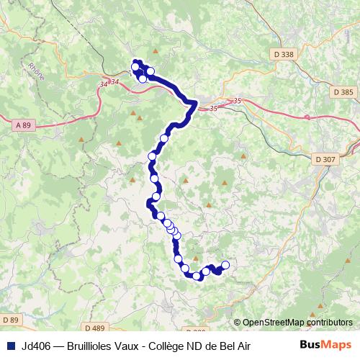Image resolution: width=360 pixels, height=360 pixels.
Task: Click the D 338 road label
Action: [284, 53]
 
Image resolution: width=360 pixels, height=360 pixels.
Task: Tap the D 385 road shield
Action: [343, 92]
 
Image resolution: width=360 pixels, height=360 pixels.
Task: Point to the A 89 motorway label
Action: [23, 125]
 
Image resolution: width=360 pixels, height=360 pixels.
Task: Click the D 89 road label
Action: [10, 319]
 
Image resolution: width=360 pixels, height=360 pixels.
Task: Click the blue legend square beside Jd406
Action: [10, 346]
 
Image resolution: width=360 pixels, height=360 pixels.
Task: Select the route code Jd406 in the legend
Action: [37, 346]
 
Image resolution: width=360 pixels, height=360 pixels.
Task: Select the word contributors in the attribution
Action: [330, 323]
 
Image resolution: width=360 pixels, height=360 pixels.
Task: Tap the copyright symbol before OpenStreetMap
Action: [237, 323]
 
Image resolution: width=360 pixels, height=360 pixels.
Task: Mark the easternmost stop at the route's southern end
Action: [225, 265]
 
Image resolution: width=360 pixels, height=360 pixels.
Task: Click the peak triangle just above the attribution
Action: [313, 312]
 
